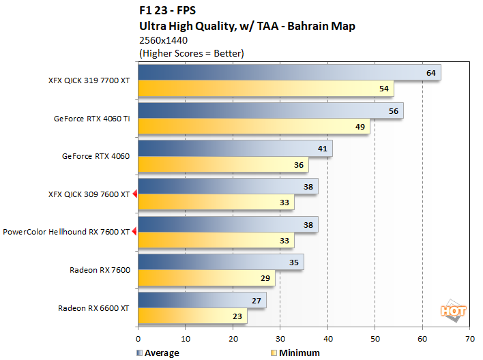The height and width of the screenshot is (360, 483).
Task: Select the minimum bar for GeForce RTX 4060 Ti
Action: point(254,126)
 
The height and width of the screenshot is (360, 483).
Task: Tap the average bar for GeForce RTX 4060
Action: point(235,149)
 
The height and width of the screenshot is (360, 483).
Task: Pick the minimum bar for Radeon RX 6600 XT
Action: point(192,316)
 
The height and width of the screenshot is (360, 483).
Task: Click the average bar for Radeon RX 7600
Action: point(221,262)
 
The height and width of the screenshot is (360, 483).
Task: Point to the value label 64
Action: point(430,73)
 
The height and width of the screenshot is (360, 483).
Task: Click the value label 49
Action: point(360,126)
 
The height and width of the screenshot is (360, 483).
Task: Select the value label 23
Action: point(237,316)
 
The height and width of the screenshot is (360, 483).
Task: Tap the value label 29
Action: point(265,278)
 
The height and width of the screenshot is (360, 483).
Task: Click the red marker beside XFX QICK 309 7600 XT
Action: point(135,194)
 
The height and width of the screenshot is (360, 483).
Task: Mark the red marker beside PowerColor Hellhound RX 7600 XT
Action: point(135,232)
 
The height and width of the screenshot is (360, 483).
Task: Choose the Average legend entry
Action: point(158,352)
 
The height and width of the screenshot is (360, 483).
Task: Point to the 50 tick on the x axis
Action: point(375,338)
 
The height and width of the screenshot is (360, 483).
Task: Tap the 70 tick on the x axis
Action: point(469,338)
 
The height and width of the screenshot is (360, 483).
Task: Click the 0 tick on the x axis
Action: point(138,338)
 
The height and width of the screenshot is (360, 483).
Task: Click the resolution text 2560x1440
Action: point(163,40)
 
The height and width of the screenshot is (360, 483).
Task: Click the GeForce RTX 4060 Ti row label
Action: point(91,118)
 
